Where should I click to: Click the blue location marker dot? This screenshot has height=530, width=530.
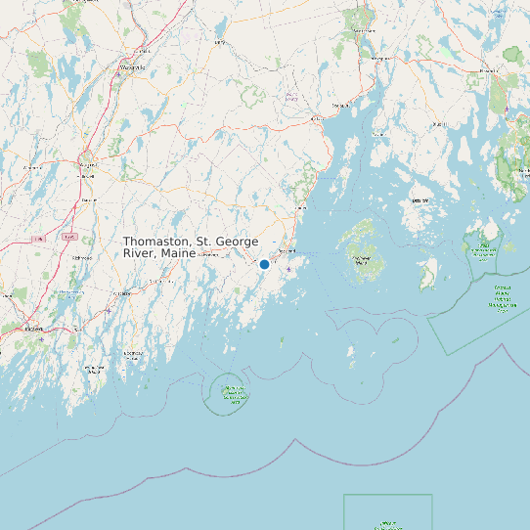click(264, 264)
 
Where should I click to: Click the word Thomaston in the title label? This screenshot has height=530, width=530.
click(155, 241)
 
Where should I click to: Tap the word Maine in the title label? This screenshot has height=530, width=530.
click(179, 253)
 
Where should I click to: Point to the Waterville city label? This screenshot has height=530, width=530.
click(133, 67)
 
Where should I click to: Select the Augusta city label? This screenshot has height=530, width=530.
click(89, 165)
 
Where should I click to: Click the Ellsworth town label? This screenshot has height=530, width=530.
click(486, 71)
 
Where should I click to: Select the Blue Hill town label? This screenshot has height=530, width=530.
click(438, 125)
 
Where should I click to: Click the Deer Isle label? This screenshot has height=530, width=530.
click(420, 200)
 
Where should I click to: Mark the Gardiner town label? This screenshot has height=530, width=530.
click(89, 199)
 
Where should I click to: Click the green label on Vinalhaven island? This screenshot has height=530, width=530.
click(362, 259)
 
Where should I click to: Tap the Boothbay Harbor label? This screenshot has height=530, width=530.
click(134, 354)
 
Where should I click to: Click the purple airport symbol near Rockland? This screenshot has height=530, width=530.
click(287, 269)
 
